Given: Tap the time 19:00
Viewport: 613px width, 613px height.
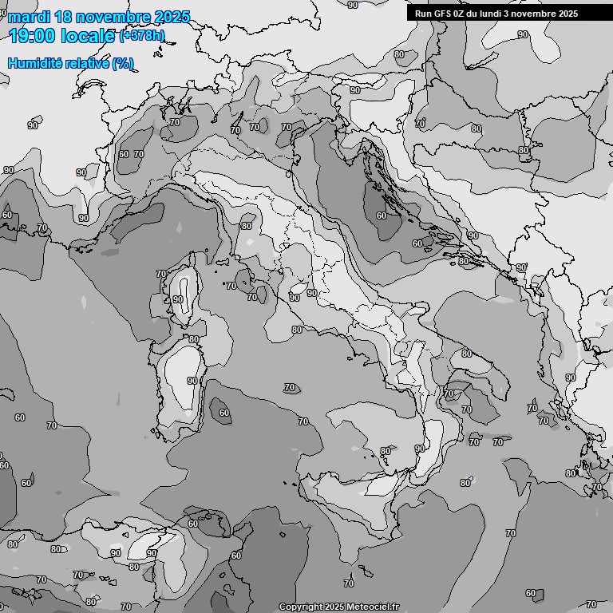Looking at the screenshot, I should click(33, 37).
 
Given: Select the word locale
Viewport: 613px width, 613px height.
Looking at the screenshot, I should click(89, 37).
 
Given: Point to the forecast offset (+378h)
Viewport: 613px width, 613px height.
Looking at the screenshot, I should click(142, 36).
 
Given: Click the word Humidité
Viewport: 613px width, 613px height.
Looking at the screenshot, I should click(33, 63).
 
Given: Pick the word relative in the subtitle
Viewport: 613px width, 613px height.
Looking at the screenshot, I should click(85, 63).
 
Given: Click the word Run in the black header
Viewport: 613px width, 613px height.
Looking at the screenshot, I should click(423, 14).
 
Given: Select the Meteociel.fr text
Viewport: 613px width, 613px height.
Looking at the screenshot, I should click(373, 607).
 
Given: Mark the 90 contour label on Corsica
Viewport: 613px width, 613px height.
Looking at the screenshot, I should click(177, 300).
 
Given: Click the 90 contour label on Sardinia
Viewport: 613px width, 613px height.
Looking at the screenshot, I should click(192, 381).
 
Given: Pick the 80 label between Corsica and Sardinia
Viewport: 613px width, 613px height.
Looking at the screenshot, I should click(193, 339).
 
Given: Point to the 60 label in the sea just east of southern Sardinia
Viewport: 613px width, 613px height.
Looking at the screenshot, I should click(224, 413).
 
